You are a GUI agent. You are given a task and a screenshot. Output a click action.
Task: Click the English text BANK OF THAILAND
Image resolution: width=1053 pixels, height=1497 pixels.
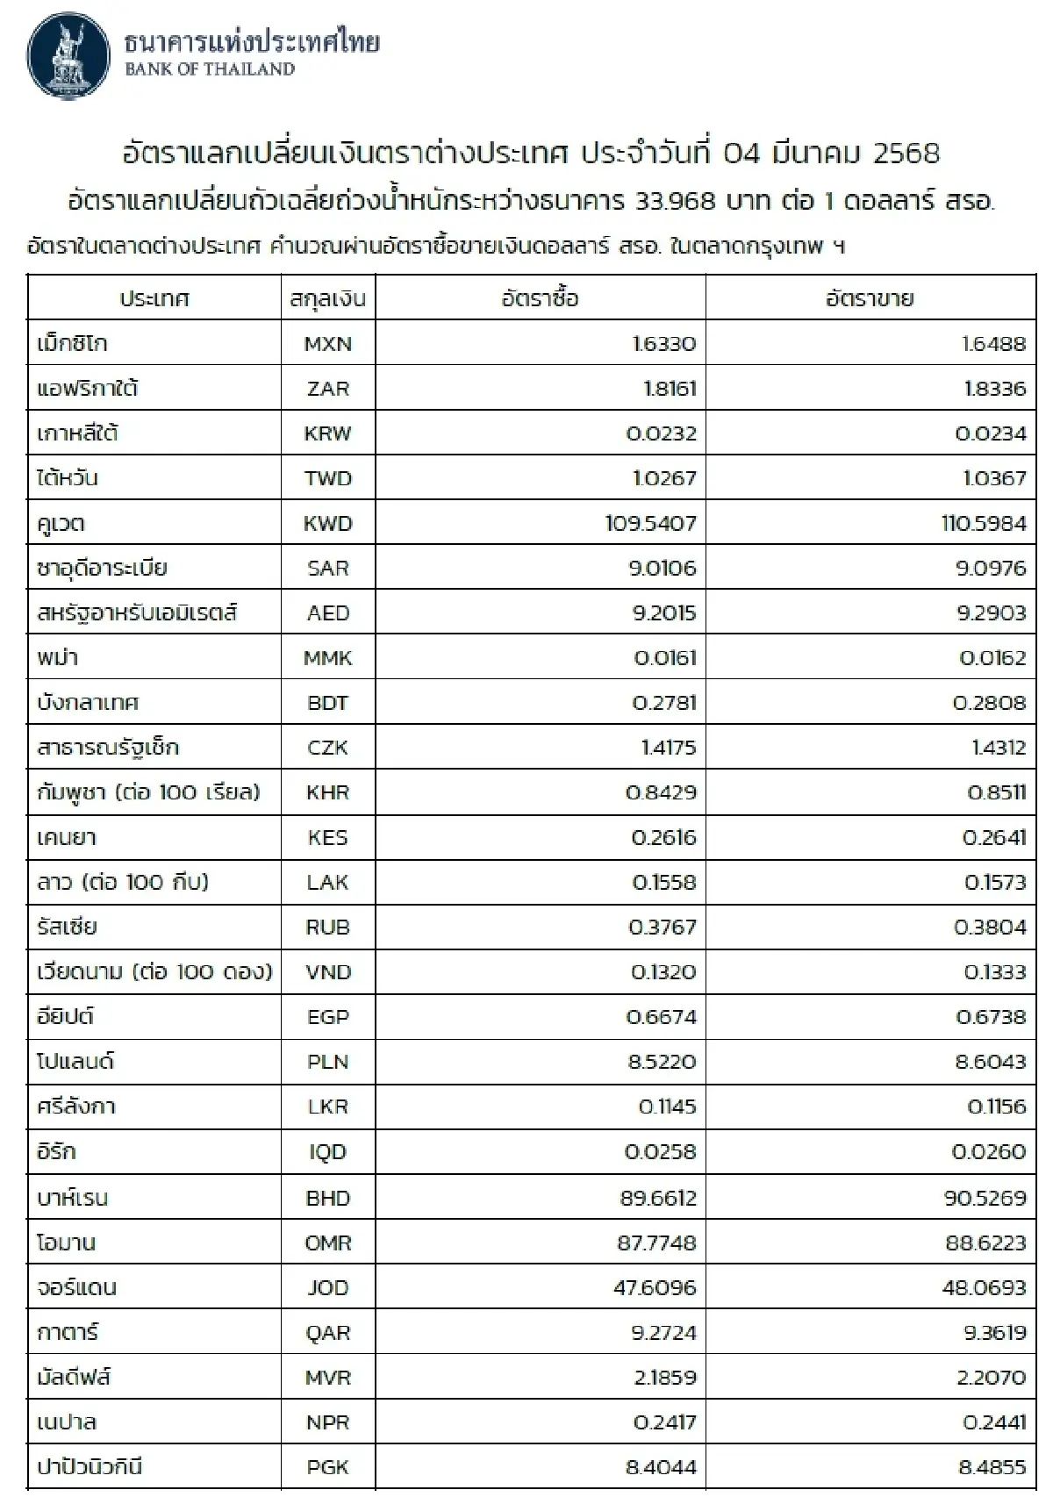click(x=210, y=70)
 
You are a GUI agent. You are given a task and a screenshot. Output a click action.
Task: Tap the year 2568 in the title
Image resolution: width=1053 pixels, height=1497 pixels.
click(x=906, y=154)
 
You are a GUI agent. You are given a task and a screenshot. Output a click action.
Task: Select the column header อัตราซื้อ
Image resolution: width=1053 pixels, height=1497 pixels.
click(x=540, y=298)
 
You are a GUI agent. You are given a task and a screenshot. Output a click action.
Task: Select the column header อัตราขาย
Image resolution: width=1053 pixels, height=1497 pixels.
click(x=870, y=298)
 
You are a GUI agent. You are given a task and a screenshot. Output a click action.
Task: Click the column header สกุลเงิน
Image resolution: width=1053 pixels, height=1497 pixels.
click(x=328, y=299)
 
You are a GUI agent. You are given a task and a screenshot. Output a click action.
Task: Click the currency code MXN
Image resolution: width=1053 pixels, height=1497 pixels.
click(x=328, y=344)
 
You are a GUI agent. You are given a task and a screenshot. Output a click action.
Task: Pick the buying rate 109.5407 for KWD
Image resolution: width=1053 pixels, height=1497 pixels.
click(x=650, y=524)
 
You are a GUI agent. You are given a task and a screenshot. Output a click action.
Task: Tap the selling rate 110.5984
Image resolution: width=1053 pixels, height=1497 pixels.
click(x=982, y=524)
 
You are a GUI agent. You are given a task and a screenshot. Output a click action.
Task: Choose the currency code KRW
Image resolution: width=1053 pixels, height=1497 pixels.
click(x=328, y=433)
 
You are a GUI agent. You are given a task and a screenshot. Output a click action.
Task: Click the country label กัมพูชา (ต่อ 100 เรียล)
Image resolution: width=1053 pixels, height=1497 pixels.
click(x=148, y=792)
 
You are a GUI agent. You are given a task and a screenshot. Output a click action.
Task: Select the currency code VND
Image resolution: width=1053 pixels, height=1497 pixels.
click(x=328, y=972)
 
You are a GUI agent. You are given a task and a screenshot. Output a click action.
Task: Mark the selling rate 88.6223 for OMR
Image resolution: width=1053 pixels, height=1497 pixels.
click(x=985, y=1243)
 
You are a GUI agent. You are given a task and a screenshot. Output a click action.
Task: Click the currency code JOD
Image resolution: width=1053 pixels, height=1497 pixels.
click(x=328, y=1288)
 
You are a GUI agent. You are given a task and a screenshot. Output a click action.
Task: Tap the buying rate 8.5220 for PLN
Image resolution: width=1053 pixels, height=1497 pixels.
click(x=662, y=1062)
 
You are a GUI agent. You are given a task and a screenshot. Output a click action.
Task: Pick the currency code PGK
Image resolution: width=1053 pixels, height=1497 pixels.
click(x=328, y=1467)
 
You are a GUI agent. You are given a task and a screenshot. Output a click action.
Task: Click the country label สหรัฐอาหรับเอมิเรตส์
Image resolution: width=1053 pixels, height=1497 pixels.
click(x=137, y=612)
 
